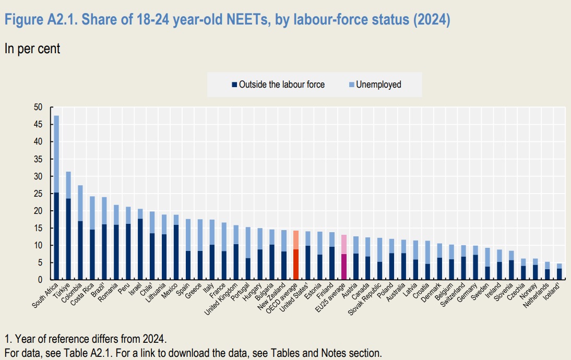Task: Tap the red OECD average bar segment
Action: tap(295, 265)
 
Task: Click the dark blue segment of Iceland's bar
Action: tap(558, 274)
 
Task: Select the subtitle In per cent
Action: tap(32, 49)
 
